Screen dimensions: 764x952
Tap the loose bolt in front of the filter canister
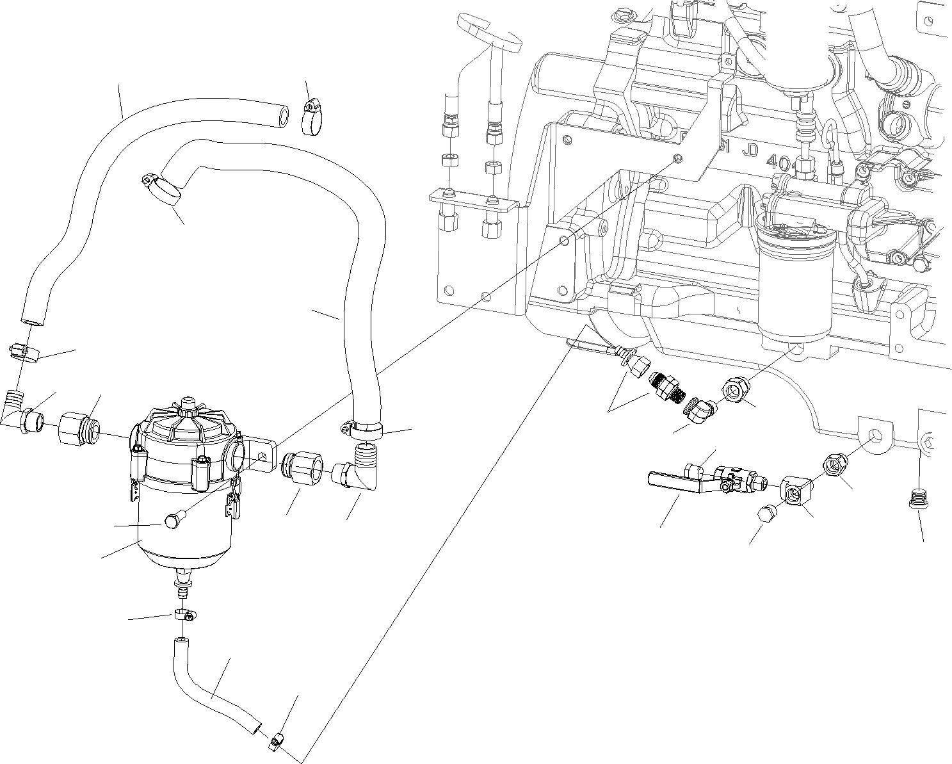(174, 520)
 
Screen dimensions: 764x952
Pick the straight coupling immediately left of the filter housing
(78, 429)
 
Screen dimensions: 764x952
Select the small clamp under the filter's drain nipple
(184, 615)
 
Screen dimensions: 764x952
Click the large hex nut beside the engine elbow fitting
(734, 389)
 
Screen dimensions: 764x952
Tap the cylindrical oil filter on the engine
(794, 288)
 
